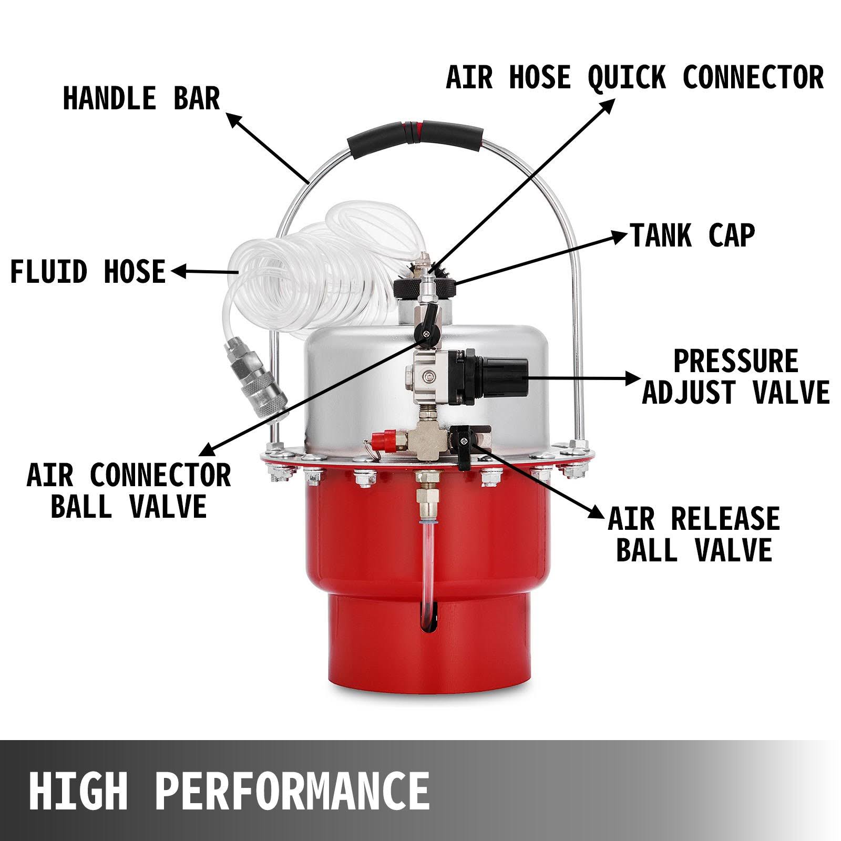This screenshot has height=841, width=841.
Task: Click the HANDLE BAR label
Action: pos(141,98)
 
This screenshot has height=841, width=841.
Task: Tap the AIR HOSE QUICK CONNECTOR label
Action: pos(634,77)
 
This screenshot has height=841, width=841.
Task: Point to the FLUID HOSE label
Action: pos(88,272)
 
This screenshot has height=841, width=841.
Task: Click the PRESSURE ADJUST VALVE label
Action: pos(735,376)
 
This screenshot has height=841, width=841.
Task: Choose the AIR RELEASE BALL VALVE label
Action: pos(694,534)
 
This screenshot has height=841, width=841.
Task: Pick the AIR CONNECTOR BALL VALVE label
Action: pos(129,491)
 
